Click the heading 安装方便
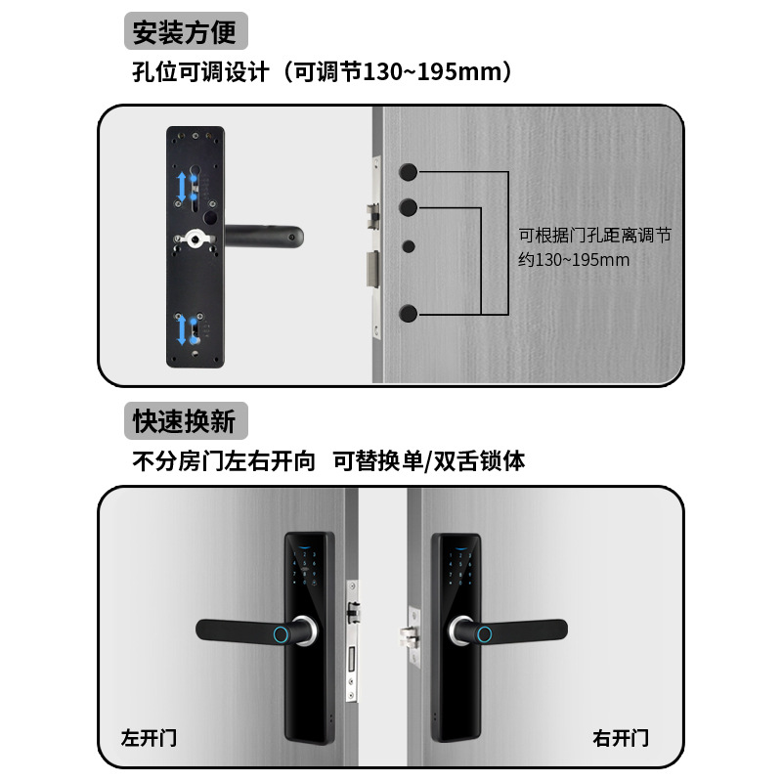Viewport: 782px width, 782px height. (185, 33)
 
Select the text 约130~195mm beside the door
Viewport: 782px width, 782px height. (574, 260)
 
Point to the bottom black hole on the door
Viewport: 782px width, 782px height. (410, 314)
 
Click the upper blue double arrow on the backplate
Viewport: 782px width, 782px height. (182, 186)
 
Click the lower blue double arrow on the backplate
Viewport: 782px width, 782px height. (183, 330)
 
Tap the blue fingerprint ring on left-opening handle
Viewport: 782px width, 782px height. (280, 632)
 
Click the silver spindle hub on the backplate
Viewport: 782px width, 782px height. (200, 237)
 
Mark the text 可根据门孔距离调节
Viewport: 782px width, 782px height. (593, 236)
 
